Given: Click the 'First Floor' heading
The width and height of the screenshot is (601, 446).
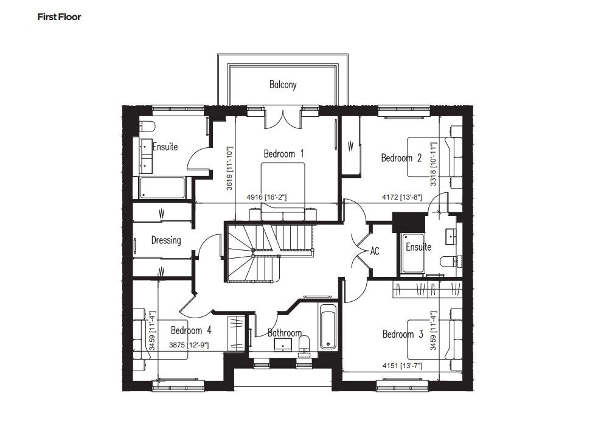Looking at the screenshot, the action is coord(59,17).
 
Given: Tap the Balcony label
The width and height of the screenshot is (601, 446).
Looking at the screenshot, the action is coord(283,85).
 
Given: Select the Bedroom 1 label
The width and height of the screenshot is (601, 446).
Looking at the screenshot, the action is coord(283,154).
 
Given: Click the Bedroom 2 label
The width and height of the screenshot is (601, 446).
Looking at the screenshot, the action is coord(401,158).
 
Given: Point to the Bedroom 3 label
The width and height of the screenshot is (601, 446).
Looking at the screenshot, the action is coord(403,334).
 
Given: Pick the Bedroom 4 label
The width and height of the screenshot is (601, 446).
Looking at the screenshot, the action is coord(191,330).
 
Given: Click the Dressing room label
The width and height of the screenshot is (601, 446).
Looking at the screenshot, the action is coord(166,240).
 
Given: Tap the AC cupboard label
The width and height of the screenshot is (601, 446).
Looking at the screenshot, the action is coord(375,251).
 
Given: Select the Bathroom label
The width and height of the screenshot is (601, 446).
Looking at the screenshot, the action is coord(285,332).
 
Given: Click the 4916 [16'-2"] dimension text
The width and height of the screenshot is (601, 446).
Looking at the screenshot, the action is coord(266,198).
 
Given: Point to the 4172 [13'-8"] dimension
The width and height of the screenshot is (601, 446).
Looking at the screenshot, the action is coord(402,198).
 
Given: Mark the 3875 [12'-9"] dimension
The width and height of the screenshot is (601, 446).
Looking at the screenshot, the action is coord(189,345).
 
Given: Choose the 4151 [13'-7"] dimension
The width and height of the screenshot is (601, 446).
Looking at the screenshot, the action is coord(403,366).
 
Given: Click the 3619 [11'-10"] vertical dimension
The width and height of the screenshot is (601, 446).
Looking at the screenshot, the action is coord(229,168).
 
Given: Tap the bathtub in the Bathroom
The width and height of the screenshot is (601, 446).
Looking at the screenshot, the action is coord(328,326).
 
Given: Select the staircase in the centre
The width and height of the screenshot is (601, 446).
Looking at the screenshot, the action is coord(270,253).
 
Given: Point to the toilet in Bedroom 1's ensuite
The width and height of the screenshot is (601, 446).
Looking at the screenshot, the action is coord(147,126).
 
